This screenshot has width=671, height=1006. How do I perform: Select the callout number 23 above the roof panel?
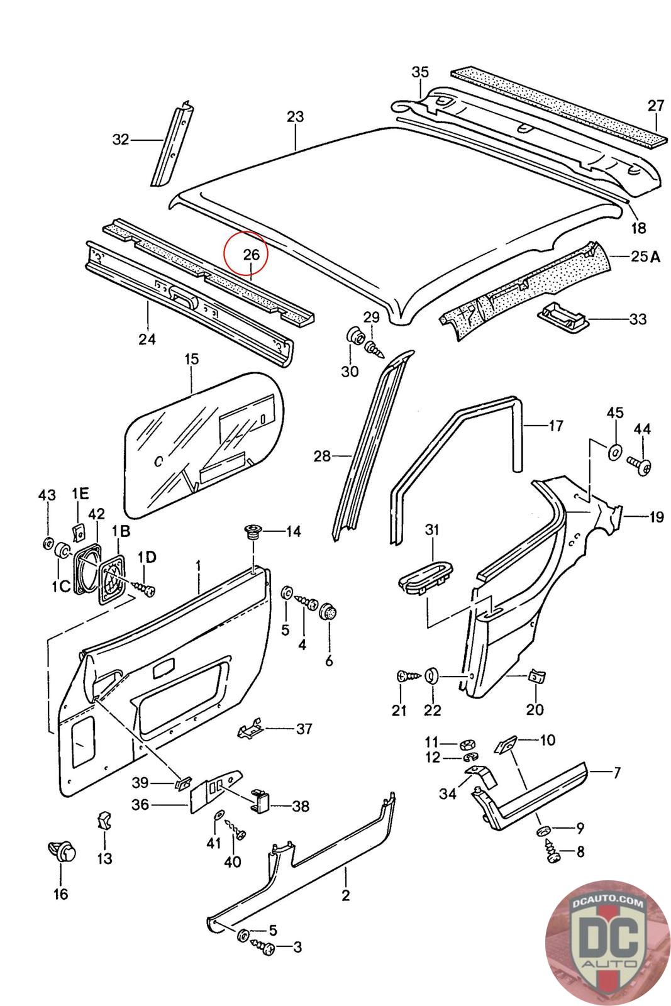tap(295, 117)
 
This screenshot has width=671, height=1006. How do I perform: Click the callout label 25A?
tap(645, 257)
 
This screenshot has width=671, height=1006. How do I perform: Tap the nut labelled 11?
tap(467, 744)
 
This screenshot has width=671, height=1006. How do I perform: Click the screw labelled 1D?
tap(145, 589)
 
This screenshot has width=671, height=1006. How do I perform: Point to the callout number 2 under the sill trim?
tap(345, 895)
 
